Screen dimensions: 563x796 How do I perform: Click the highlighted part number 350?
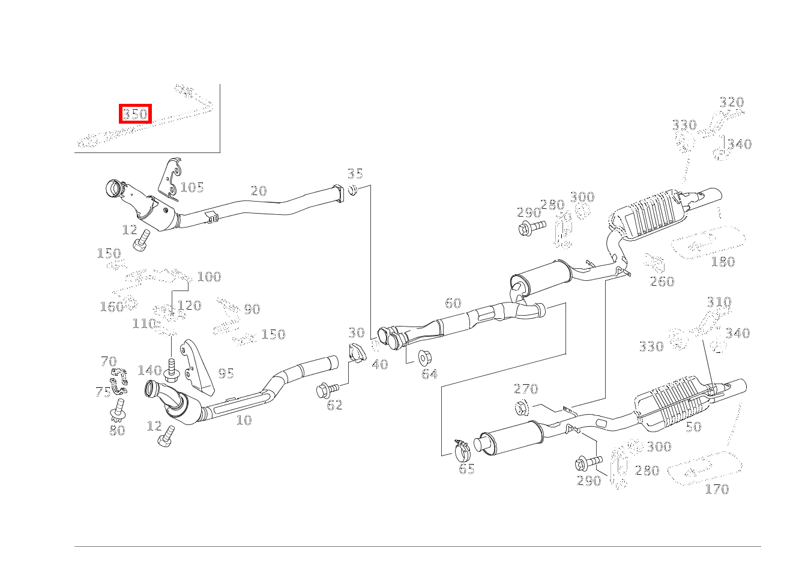click(135, 113)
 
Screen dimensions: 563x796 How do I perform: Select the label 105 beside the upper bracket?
click(192, 187)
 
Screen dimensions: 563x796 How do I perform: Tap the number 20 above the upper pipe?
click(258, 191)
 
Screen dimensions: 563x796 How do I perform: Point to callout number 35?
click(355, 174)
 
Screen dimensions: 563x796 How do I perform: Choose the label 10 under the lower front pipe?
click(243, 420)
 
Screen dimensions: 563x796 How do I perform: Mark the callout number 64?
click(429, 374)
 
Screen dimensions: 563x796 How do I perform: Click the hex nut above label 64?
click(424, 357)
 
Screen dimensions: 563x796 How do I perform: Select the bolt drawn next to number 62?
click(328, 391)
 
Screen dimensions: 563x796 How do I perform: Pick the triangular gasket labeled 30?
click(357, 354)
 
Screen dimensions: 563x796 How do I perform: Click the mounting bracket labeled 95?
click(199, 366)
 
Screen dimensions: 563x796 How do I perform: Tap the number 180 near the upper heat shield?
click(722, 262)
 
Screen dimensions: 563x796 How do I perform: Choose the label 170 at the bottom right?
click(716, 489)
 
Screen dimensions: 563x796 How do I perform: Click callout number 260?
click(662, 281)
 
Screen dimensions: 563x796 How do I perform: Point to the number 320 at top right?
click(731, 102)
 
